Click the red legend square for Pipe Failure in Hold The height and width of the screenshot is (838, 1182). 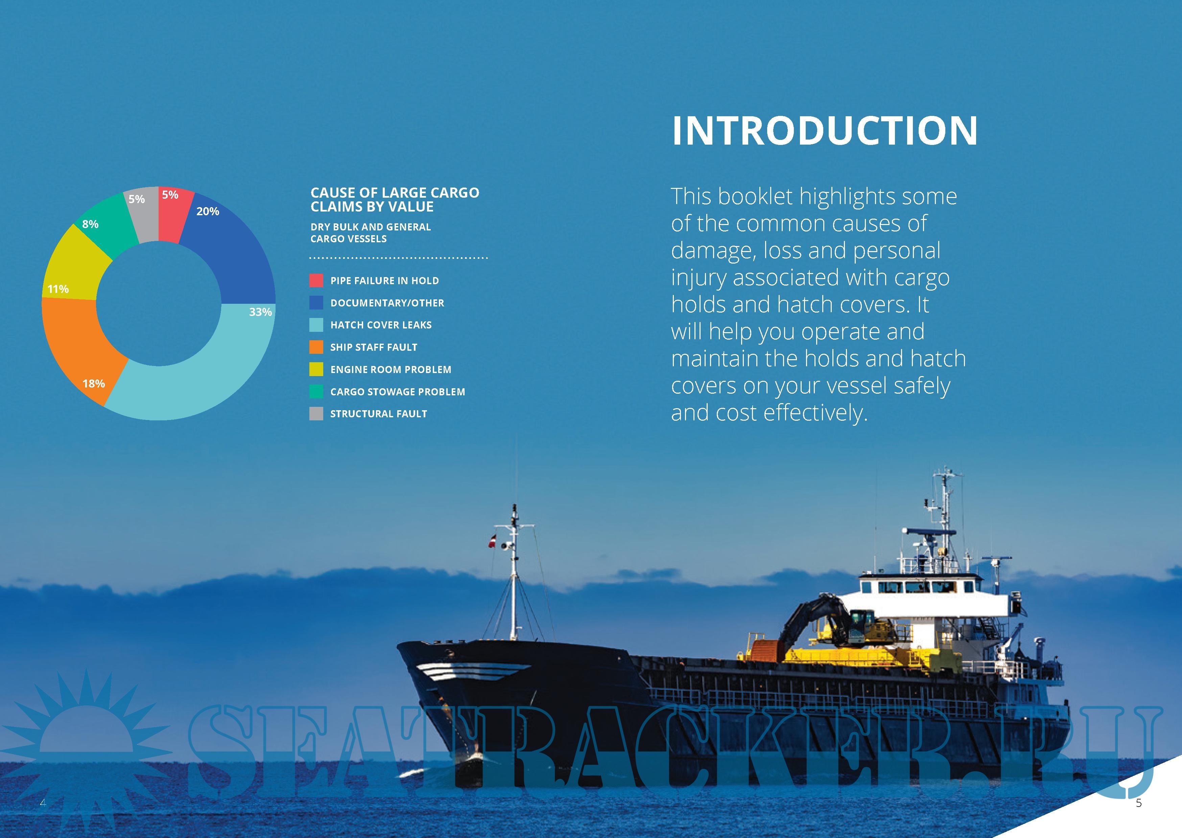[x=316, y=280]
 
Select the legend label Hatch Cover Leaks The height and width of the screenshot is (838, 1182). [x=381, y=325]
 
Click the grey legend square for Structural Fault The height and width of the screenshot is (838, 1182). [x=316, y=413]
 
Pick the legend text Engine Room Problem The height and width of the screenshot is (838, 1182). [x=391, y=369]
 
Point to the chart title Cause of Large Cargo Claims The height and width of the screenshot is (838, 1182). [x=395, y=200]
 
